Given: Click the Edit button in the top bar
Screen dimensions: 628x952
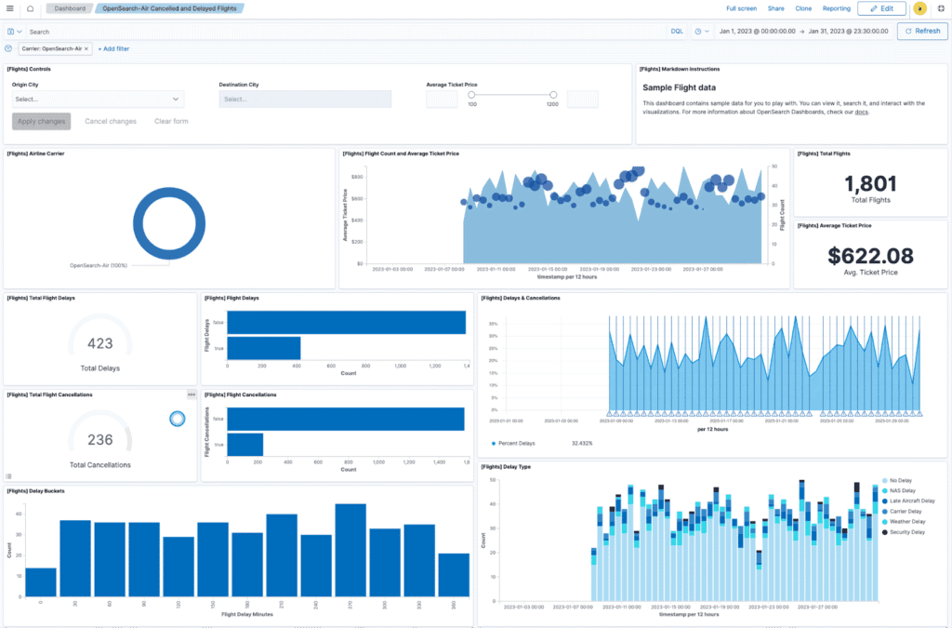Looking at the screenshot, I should pyautogui.click(x=880, y=8).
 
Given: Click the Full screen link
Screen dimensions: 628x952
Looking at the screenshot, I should pyautogui.click(x=741, y=8).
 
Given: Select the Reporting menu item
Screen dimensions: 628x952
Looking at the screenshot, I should pyautogui.click(x=836, y=8).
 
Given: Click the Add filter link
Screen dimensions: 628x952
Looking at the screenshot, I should pyautogui.click(x=113, y=48).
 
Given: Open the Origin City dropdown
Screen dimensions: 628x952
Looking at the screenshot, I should pyautogui.click(x=98, y=99).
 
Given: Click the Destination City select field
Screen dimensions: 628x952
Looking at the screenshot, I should pyautogui.click(x=305, y=99).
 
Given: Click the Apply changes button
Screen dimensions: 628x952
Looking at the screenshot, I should pyautogui.click(x=41, y=121).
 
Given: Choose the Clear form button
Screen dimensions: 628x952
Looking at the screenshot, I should pyautogui.click(x=171, y=121).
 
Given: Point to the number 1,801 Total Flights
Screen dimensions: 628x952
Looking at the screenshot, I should pyautogui.click(x=870, y=184).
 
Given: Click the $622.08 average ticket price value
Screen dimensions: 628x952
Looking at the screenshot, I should pyautogui.click(x=870, y=256).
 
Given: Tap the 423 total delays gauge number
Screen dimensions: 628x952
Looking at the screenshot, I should pyautogui.click(x=99, y=343).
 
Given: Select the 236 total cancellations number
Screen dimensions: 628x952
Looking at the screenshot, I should pyautogui.click(x=99, y=440).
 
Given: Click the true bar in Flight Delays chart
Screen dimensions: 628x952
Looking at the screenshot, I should pyautogui.click(x=263, y=348).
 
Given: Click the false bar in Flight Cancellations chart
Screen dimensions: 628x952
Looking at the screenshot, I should pyautogui.click(x=345, y=420).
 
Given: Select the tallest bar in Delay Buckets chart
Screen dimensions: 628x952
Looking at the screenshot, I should pyautogui.click(x=350, y=551).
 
